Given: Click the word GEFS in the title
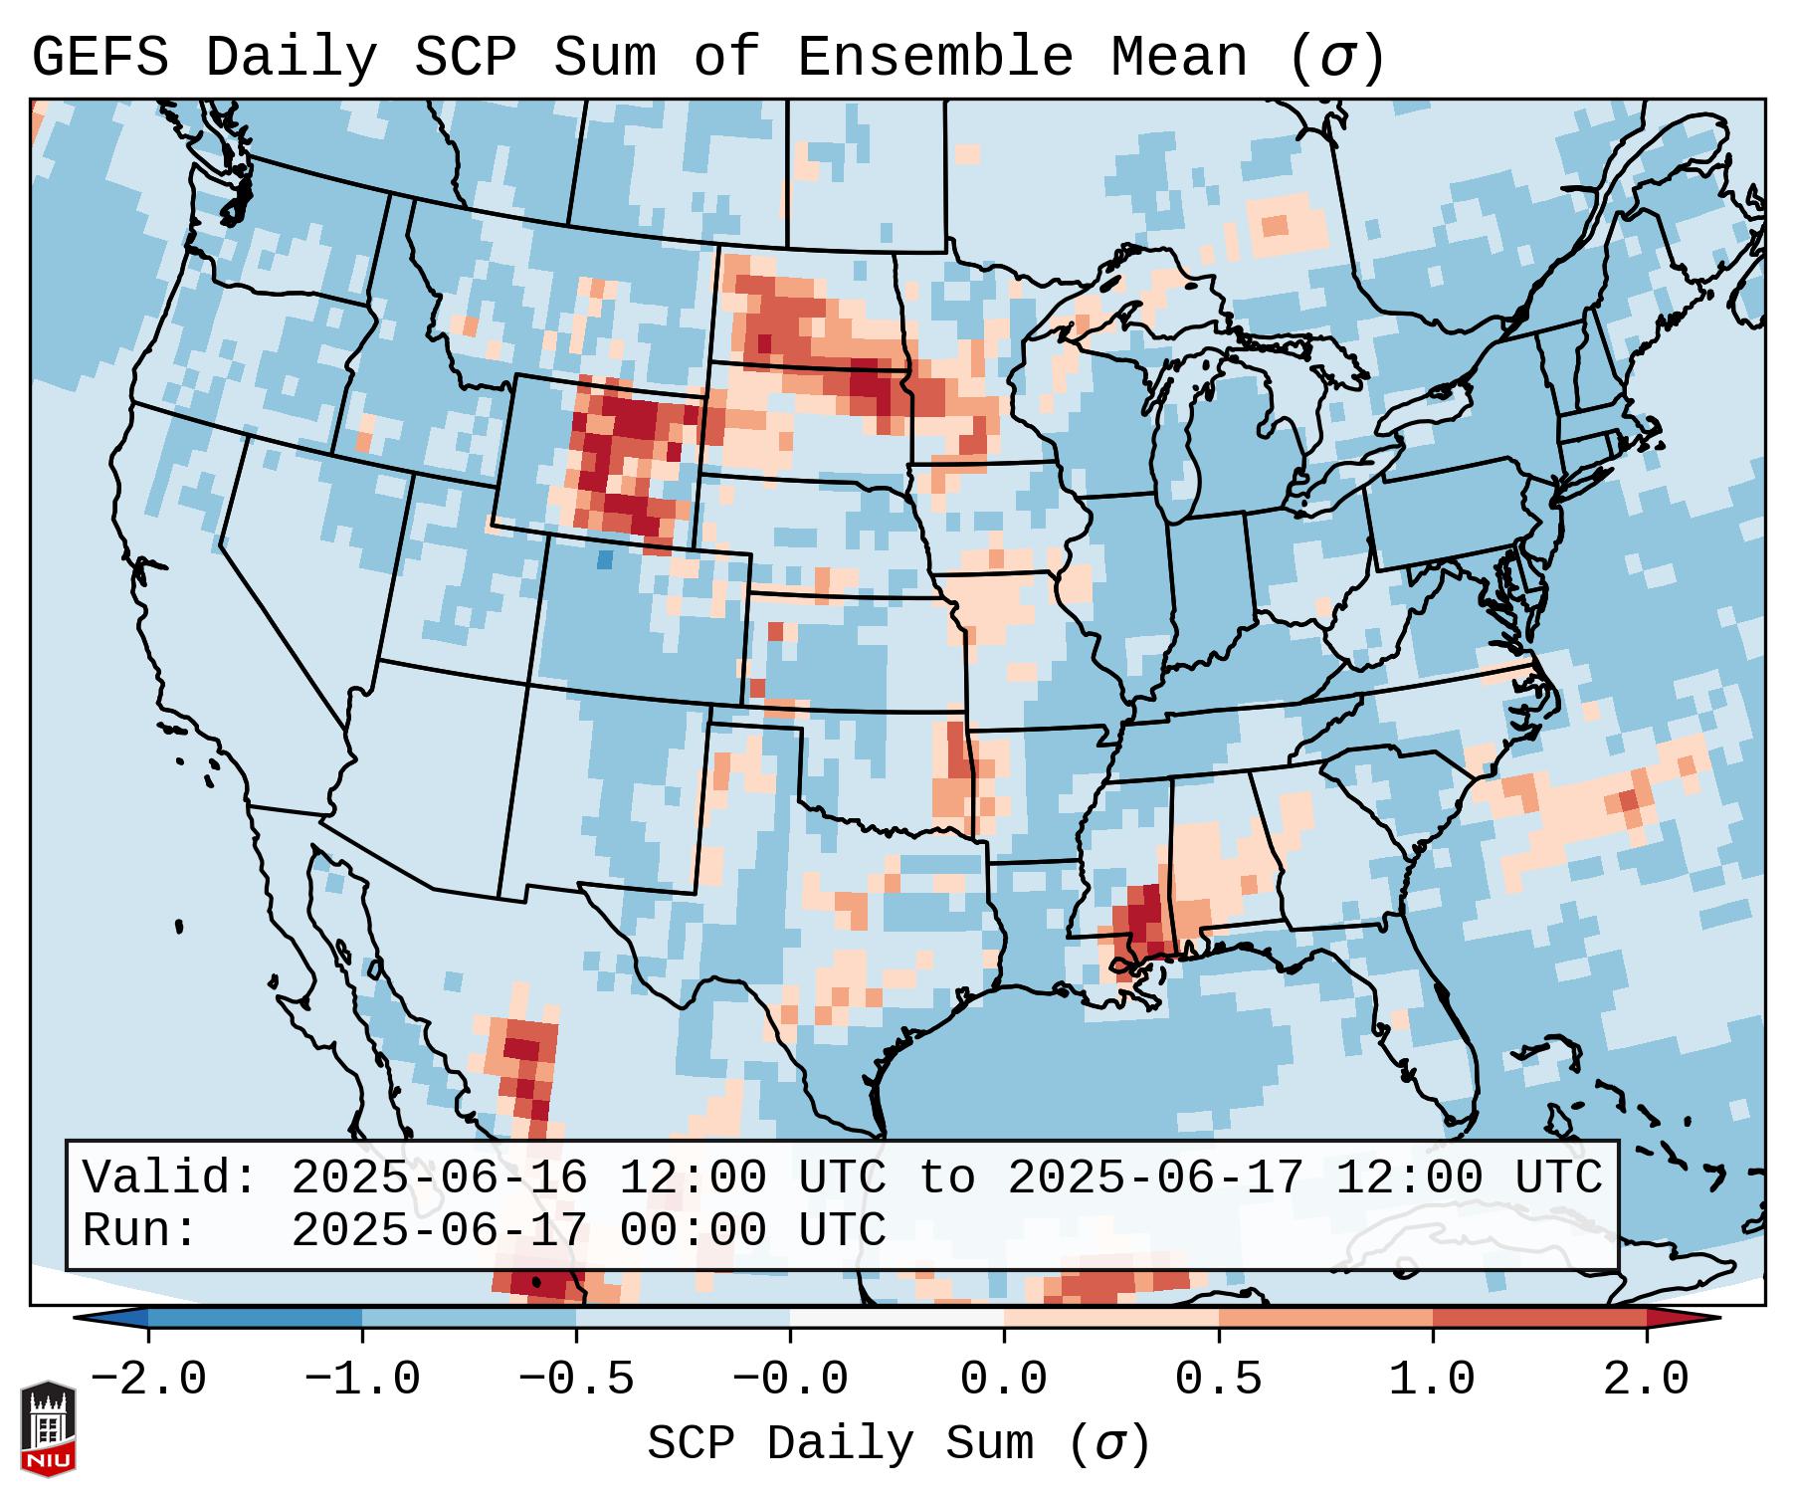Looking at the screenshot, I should pyautogui.click(x=100, y=57).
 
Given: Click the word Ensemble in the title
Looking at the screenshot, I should pyautogui.click(x=934, y=57).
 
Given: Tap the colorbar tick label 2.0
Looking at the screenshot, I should pyautogui.click(x=1647, y=1380).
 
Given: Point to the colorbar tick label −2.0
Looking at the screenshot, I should pyautogui.click(x=147, y=1380).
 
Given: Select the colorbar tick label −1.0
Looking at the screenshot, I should pyautogui.click(x=361, y=1380).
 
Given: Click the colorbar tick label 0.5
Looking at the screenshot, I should pyautogui.click(x=1218, y=1380).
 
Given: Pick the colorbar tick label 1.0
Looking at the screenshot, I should pyautogui.click(x=1432, y=1380).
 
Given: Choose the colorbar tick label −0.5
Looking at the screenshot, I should pyautogui.click(x=575, y=1380).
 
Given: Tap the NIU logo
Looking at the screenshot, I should pyautogui.click(x=48, y=1427).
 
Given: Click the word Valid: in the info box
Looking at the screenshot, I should pyautogui.click(x=170, y=1178).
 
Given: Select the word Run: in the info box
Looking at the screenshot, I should pyautogui.click(x=140, y=1230).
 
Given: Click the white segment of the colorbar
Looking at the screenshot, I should pyautogui.click(x=897, y=1318).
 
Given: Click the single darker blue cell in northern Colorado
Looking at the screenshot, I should pyautogui.click(x=604, y=559).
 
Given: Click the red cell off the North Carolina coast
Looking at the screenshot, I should pyautogui.click(x=1629, y=800).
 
